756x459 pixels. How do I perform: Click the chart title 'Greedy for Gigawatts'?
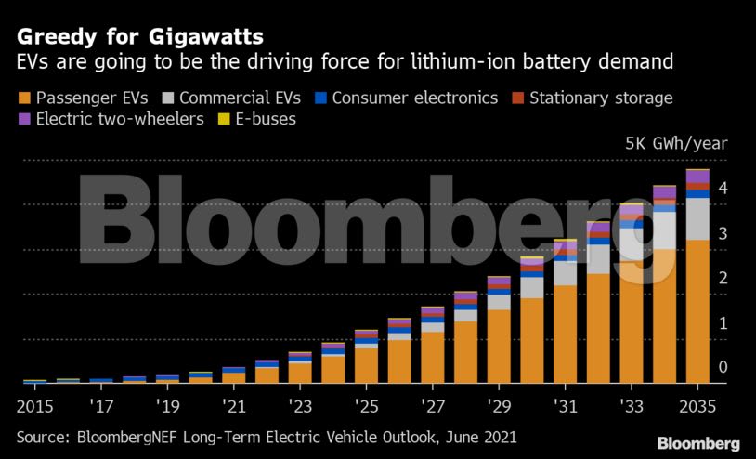pos(139,37)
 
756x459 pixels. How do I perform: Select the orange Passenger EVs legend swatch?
pos(23,98)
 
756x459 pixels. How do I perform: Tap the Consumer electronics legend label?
pos(415,98)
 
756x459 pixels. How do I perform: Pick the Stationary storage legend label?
pos(601,98)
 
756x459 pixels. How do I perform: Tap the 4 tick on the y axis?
pos(723,189)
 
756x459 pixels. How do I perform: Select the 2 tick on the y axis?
pos(723,279)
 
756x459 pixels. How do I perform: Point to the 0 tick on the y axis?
pos(723,368)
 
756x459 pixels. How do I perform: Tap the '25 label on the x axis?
pos(366,406)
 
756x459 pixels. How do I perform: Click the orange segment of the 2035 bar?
pos(697,311)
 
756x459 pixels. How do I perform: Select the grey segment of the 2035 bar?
pos(697,218)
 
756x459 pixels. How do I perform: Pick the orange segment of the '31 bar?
pos(566,334)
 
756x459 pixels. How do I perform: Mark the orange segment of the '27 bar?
pos(433,358)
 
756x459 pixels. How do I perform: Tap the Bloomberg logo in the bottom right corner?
pos(697,443)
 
